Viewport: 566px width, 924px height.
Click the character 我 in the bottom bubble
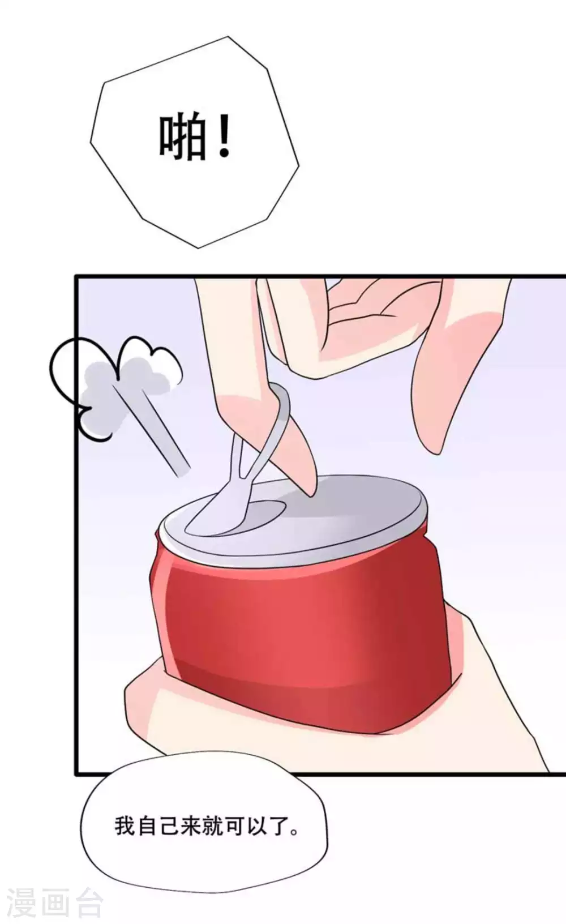coord(125,826)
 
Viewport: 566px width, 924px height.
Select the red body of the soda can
coord(294,623)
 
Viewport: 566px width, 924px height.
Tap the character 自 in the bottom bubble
coord(146,826)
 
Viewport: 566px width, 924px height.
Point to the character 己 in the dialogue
coord(168,826)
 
